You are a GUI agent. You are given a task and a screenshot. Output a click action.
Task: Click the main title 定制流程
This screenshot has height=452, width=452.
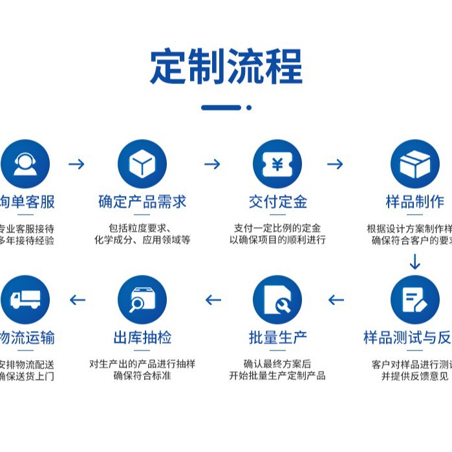click(x=226, y=67)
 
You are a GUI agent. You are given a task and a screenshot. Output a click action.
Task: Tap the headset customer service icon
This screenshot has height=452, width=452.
click(x=25, y=164)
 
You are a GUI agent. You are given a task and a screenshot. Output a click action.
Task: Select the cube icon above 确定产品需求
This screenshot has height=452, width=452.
click(x=142, y=164)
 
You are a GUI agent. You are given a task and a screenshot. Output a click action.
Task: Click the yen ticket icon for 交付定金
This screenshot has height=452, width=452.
click(x=277, y=164)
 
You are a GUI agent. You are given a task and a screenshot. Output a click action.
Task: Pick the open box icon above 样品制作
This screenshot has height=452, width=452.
click(x=414, y=164)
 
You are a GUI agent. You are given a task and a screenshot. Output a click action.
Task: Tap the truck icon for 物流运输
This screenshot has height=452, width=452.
click(x=25, y=299)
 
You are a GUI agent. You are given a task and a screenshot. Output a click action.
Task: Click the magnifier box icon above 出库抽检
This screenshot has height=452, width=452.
click(x=142, y=299)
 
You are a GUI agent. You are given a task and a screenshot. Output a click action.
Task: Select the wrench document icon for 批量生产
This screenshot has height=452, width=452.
click(x=277, y=299)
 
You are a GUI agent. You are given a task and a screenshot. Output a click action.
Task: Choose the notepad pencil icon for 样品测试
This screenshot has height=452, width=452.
click(x=414, y=299)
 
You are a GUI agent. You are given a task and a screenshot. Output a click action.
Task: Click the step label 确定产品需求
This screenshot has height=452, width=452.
click(x=142, y=202)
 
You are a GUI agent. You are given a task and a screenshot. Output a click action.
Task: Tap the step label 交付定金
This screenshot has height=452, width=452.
click(x=277, y=202)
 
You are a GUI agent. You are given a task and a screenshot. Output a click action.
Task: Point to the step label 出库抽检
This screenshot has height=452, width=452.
click(x=142, y=337)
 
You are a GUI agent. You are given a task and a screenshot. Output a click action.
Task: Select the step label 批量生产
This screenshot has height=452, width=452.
click(x=277, y=337)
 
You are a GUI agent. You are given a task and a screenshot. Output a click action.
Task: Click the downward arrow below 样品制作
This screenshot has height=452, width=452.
click(x=414, y=261)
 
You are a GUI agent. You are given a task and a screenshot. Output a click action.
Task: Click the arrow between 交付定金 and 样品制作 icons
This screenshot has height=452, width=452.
click(x=335, y=164)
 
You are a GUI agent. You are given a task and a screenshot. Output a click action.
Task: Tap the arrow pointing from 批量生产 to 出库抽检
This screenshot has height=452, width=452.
click(x=213, y=299)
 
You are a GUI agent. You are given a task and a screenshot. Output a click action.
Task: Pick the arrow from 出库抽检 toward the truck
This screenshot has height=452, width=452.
click(x=78, y=299)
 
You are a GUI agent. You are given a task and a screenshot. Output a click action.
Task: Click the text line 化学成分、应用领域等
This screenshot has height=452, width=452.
click(x=142, y=240)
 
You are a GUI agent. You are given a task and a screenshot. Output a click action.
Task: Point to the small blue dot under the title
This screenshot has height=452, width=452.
click(x=249, y=108)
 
